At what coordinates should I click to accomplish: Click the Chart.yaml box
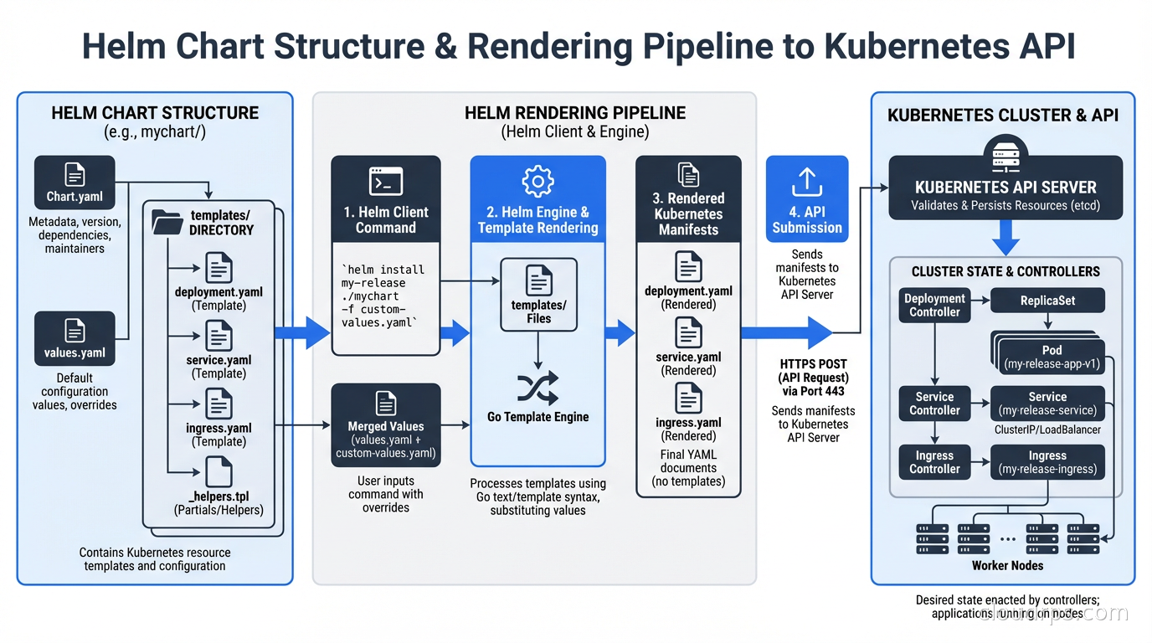[75, 182]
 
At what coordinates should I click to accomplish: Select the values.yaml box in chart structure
[75, 338]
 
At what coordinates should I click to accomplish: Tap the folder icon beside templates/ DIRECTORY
[167, 222]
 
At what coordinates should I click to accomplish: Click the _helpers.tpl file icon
[219, 472]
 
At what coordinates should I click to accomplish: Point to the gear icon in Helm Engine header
[537, 182]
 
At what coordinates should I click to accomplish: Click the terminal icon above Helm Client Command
[386, 182]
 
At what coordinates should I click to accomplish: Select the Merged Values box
[386, 424]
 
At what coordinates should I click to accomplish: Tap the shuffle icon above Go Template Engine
[537, 388]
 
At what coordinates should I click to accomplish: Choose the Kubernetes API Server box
[1005, 188]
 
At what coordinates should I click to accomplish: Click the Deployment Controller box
[934, 306]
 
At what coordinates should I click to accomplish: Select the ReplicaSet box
[1047, 301]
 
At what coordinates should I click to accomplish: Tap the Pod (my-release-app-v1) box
[1052, 358]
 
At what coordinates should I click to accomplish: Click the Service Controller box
[934, 404]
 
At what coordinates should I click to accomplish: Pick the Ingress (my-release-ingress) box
[1047, 462]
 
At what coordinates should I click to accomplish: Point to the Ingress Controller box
[934, 462]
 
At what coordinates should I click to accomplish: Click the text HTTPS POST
[813, 364]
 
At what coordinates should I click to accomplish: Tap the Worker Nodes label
[1007, 565]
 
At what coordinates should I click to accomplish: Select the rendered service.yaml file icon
[688, 333]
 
